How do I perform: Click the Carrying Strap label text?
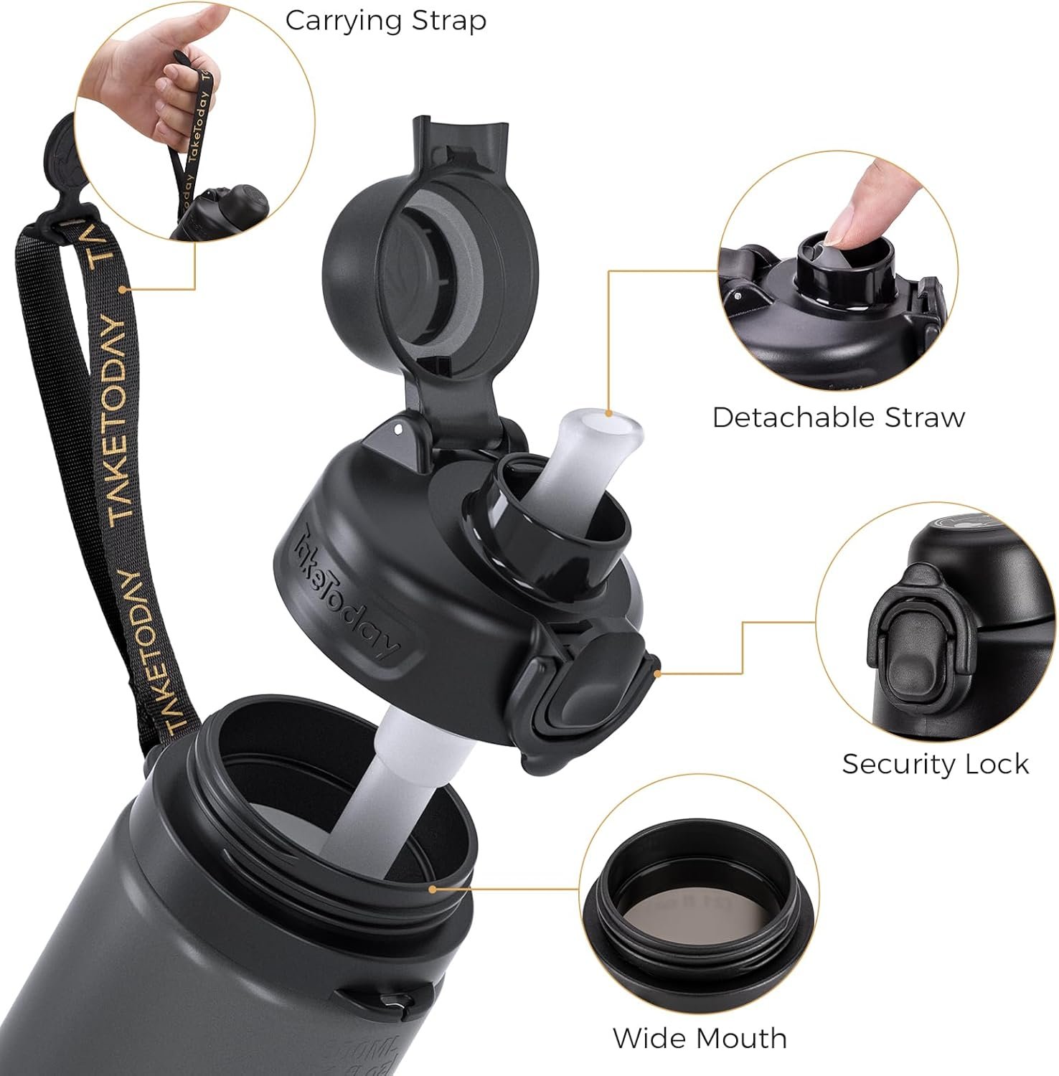tap(385, 21)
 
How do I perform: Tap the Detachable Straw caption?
tap(838, 417)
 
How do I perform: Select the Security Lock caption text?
tap(935, 764)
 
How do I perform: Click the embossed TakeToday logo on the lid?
tap(350, 592)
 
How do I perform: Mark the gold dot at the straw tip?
tap(609, 413)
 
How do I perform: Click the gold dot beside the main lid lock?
tap(658, 673)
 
